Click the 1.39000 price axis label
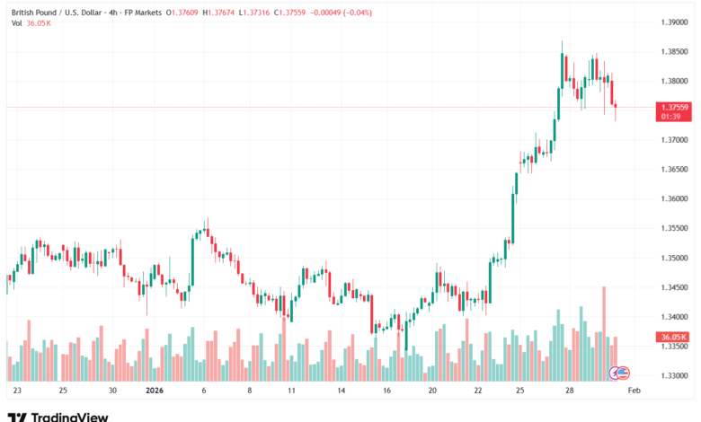tap(674, 22)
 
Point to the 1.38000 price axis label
tap(674, 81)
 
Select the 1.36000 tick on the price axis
tap(674, 198)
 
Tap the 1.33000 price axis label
tap(674, 375)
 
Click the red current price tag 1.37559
tap(674, 108)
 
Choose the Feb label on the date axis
tap(633, 391)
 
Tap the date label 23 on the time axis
tap(16, 391)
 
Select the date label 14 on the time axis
tap(342, 391)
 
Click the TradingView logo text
tap(69, 417)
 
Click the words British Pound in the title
tap(36, 11)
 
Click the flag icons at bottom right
tap(620, 372)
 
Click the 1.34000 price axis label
tap(674, 317)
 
